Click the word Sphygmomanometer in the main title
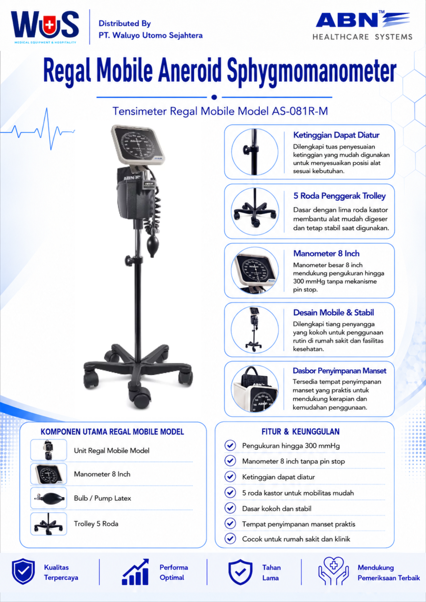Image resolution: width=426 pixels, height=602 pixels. pos(312,71)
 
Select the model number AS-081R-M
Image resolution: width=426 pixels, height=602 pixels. pos(300,111)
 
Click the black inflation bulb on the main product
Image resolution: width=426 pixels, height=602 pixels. pos(153,246)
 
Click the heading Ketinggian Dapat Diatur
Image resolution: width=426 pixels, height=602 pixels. pos(336,135)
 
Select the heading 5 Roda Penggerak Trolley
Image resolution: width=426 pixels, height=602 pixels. pos(339,196)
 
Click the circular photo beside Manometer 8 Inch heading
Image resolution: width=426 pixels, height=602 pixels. pos(255,270)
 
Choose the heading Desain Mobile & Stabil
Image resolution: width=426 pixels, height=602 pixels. pos(333,313)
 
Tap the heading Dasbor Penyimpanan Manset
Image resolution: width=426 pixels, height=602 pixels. pos(339,371)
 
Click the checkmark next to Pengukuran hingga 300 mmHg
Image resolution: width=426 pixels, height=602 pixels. pos(230,445)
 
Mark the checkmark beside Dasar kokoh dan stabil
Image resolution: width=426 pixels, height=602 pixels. pos(230,508)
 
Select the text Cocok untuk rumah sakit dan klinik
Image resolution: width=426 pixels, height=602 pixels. pos(296,539)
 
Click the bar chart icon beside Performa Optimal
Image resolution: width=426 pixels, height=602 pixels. pos(135,572)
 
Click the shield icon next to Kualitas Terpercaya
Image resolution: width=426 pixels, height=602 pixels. pos(23,571)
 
